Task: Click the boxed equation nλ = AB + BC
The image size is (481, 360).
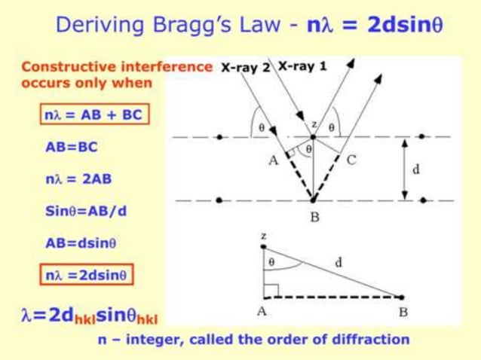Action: point(91,115)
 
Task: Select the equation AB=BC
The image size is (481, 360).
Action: point(72,148)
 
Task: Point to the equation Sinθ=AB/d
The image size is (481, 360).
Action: point(86,211)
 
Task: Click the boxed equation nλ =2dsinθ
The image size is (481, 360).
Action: point(86,275)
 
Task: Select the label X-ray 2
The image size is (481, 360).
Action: point(245,67)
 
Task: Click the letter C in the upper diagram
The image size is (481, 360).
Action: point(351,159)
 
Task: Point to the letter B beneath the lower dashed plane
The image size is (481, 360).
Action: point(314,218)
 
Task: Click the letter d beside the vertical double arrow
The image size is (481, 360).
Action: point(415,170)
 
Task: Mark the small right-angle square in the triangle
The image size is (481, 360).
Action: point(272,290)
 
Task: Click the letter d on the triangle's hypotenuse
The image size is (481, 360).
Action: point(339,262)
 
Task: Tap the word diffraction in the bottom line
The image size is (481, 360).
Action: point(371,340)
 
